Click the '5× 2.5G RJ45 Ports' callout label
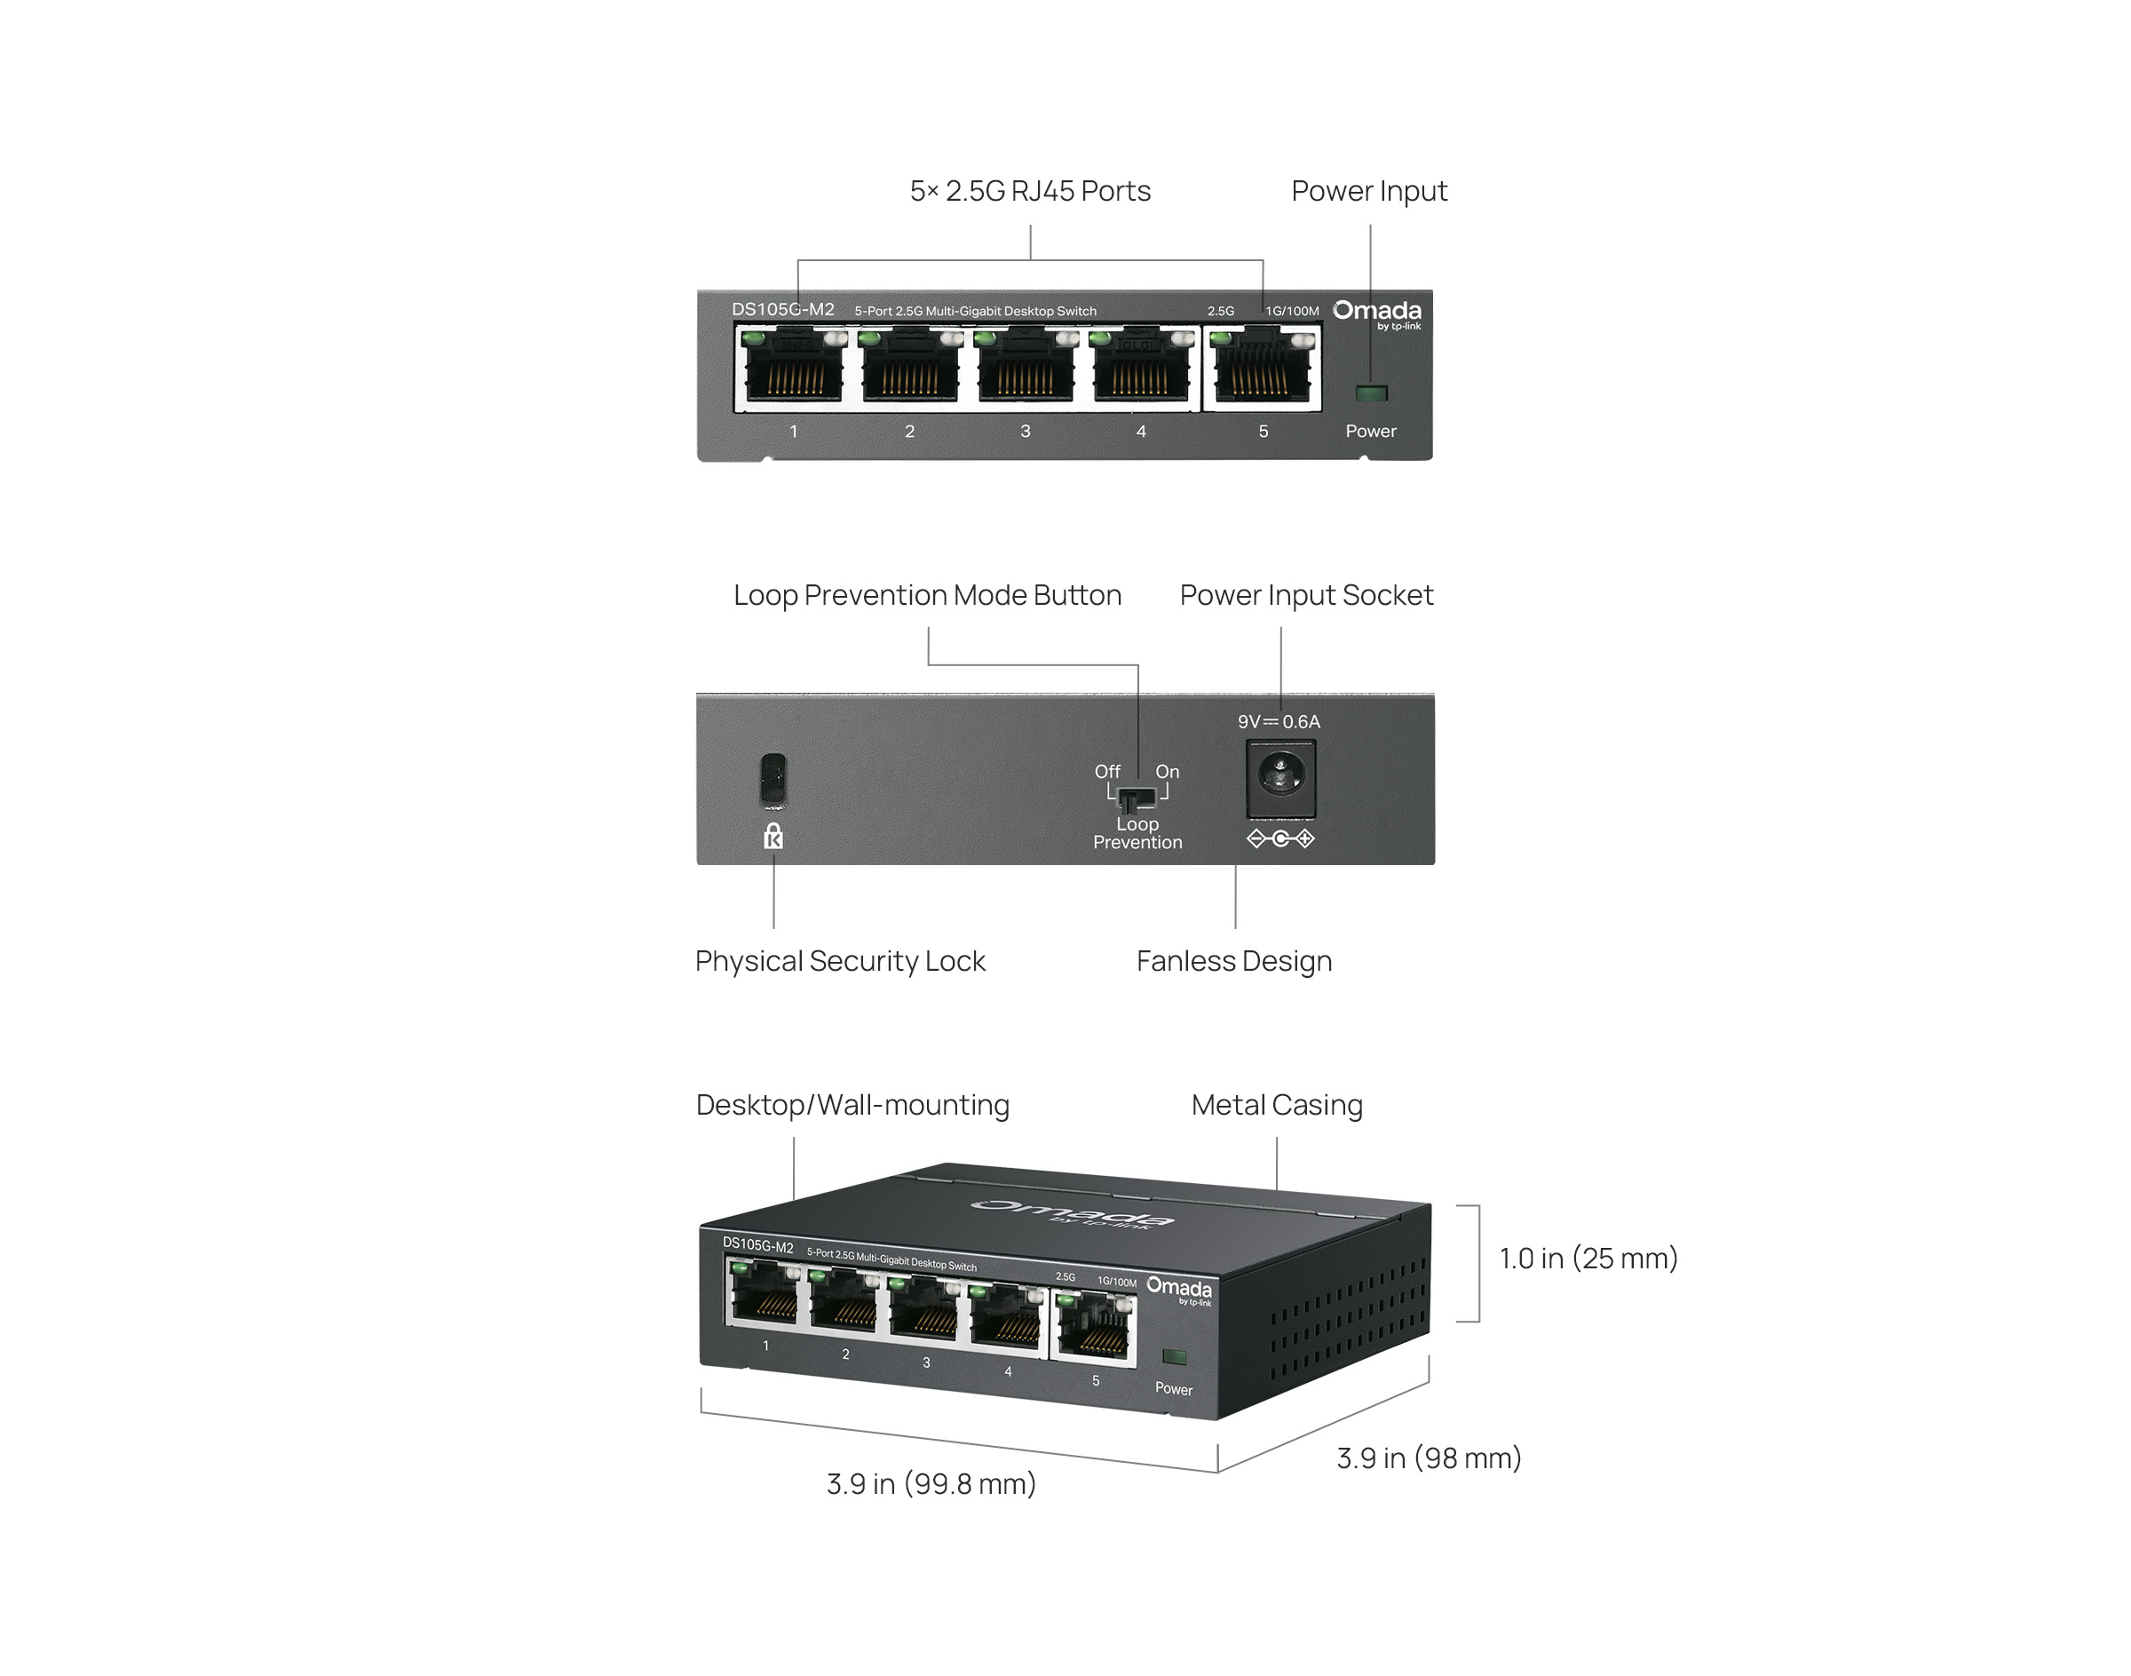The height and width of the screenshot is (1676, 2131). coord(1029,190)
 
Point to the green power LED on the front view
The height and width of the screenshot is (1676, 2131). coord(1371,393)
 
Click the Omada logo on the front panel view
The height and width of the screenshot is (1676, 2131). coord(1376,312)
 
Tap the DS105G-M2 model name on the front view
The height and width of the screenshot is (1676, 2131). coord(783,309)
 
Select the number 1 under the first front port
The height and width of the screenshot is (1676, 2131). coord(793,431)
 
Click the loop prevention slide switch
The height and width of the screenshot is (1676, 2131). coord(1137,796)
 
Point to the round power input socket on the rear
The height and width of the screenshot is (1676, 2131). coord(1280,776)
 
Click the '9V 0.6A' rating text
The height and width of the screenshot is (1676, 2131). coord(1279,721)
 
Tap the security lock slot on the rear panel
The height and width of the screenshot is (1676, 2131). coord(773,779)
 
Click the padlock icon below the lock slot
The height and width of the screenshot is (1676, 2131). coord(773,836)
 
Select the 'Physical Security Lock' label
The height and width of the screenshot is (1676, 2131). coord(840,961)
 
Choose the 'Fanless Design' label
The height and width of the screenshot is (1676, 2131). coord(1233,961)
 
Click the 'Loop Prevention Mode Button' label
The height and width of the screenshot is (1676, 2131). coord(927,595)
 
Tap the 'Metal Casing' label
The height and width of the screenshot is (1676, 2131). coord(1277,1105)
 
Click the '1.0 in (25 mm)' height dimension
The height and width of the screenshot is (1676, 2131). coord(1588,1258)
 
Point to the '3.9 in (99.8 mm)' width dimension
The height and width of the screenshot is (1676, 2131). coord(931,1483)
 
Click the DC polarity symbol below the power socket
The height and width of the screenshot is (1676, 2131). coord(1280,838)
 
